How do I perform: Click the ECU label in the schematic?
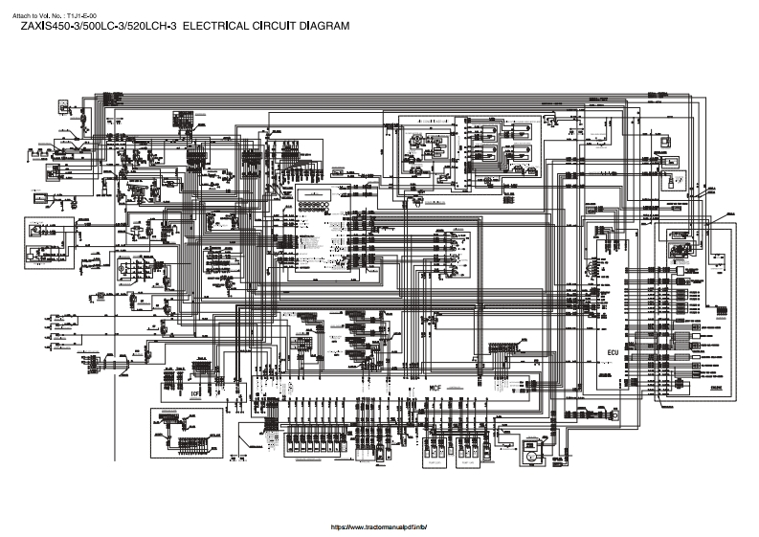pyautogui.click(x=614, y=352)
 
